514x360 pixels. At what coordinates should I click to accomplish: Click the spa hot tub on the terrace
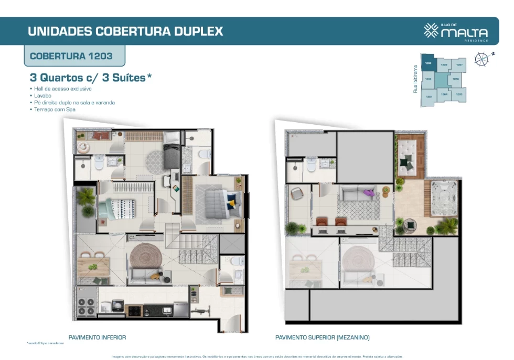tap(444, 198)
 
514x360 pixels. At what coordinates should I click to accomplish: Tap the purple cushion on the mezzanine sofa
tap(369, 193)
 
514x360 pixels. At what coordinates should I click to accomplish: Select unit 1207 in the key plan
tap(459, 65)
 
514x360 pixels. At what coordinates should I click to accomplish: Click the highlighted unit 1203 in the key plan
tap(429, 63)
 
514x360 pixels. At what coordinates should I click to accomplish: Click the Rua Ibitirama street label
tap(415, 79)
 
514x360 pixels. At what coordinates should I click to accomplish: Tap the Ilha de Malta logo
tap(456, 31)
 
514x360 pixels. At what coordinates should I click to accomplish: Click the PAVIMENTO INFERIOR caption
tap(97, 337)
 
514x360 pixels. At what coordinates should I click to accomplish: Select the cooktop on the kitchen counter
tap(134, 310)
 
